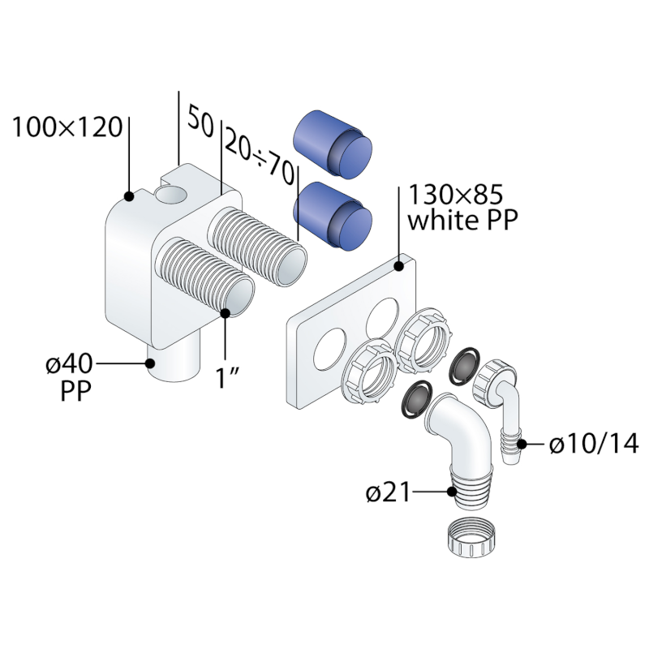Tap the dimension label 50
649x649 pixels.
200,122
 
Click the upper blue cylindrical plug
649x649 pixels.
333,144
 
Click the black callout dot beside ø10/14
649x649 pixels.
523,443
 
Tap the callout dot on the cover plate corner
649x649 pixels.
400,265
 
